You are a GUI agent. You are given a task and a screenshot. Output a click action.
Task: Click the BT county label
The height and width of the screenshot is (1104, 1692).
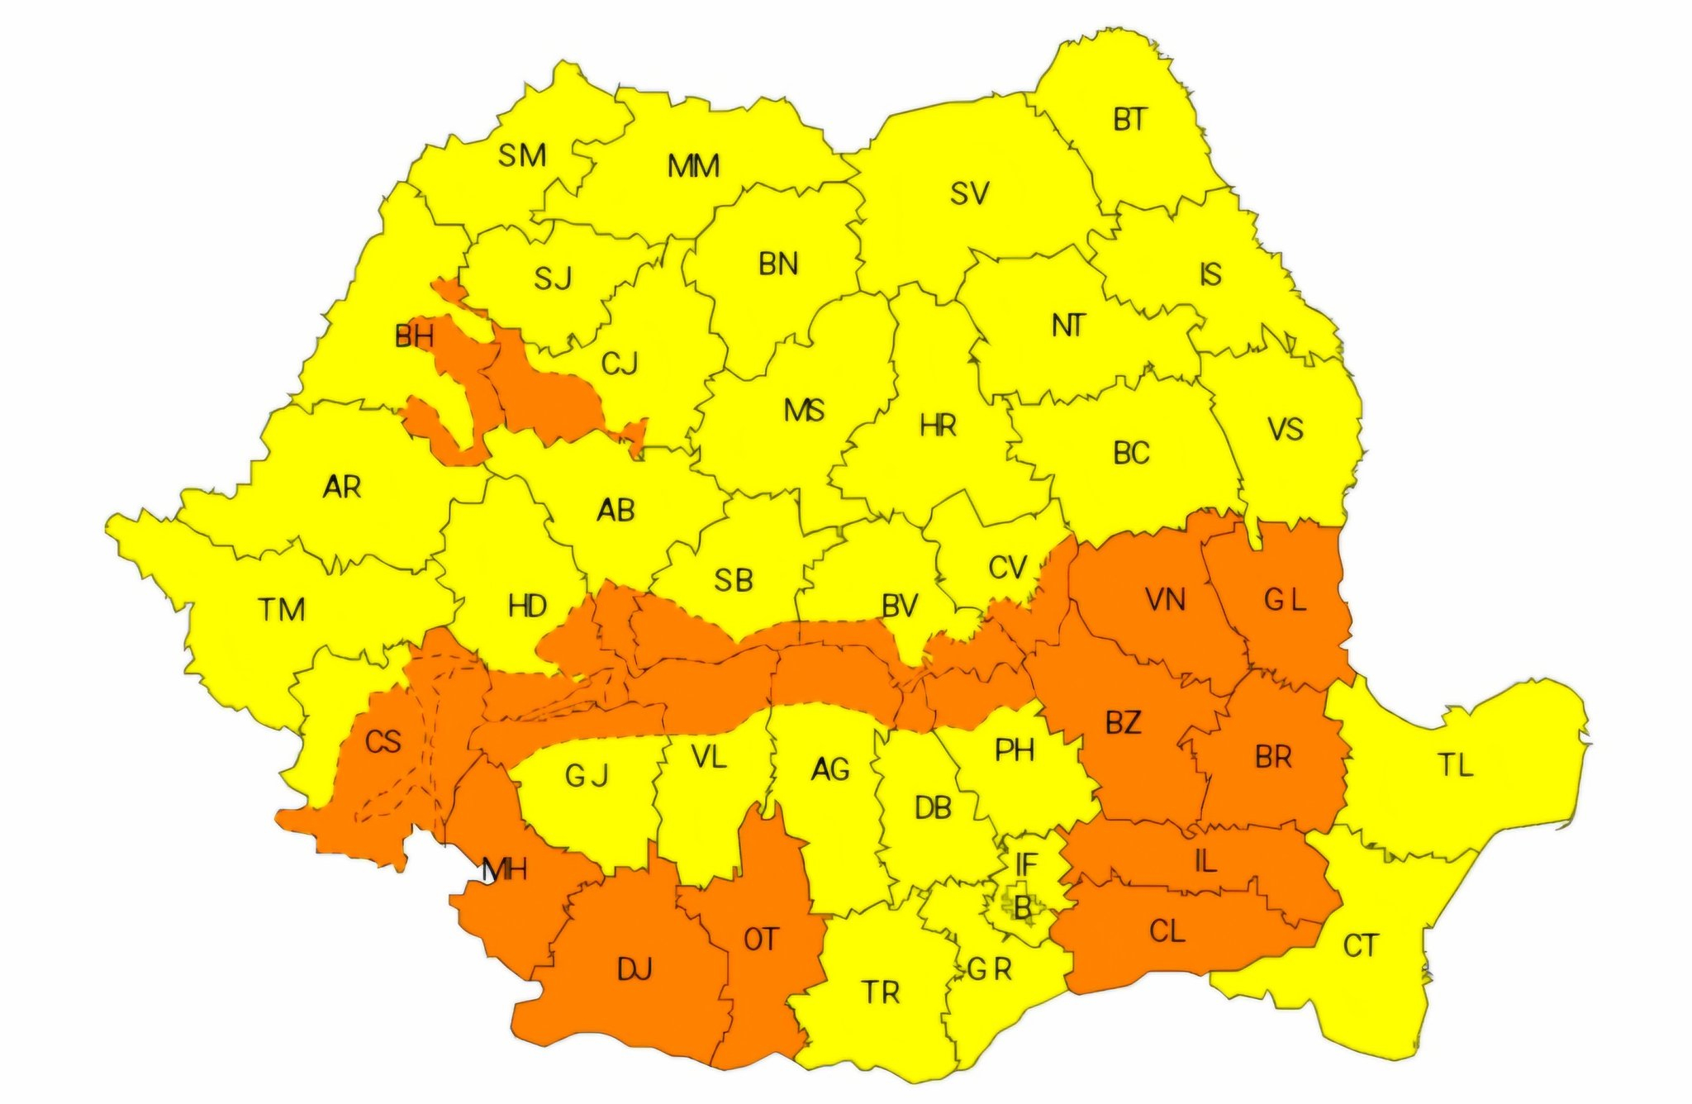point(1129,120)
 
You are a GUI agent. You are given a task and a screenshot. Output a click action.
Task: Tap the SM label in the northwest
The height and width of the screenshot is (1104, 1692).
point(521,155)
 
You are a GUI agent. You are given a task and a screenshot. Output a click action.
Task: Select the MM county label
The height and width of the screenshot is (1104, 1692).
point(693,166)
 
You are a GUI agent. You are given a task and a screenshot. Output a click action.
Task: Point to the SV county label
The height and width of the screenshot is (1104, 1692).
point(969,193)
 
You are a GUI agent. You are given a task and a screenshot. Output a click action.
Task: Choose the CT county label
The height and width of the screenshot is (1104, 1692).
point(1360,945)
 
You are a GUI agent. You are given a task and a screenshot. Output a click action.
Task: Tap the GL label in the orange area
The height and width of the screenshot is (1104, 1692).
point(1285,600)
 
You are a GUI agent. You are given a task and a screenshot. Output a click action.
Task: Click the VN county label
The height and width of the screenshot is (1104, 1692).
point(1166,600)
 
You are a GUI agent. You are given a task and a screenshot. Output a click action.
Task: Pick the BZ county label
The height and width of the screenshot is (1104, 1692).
point(1124,723)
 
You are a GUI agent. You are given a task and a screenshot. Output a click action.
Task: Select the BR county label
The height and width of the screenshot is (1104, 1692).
point(1272,757)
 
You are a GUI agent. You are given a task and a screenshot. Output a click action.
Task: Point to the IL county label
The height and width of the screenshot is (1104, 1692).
point(1205,862)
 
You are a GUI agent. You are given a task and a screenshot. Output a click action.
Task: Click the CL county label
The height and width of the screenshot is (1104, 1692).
point(1167,932)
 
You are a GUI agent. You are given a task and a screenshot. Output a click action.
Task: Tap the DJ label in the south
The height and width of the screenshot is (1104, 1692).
point(634,968)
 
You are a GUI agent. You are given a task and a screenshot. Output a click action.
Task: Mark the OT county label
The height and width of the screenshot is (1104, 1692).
point(761,940)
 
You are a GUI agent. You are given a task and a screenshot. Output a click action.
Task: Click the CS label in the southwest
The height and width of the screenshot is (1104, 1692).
point(383,742)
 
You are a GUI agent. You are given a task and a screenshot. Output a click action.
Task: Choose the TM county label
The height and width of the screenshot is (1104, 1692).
point(283,610)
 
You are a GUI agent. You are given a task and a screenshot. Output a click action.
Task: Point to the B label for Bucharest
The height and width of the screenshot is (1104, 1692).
point(1023,909)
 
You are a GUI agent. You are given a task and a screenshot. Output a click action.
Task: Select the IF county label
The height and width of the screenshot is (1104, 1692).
point(1025,864)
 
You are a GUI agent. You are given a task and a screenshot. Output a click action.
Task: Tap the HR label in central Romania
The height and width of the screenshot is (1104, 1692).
point(938,426)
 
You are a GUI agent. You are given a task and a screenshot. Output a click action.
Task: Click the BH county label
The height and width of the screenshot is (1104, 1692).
point(414,336)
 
